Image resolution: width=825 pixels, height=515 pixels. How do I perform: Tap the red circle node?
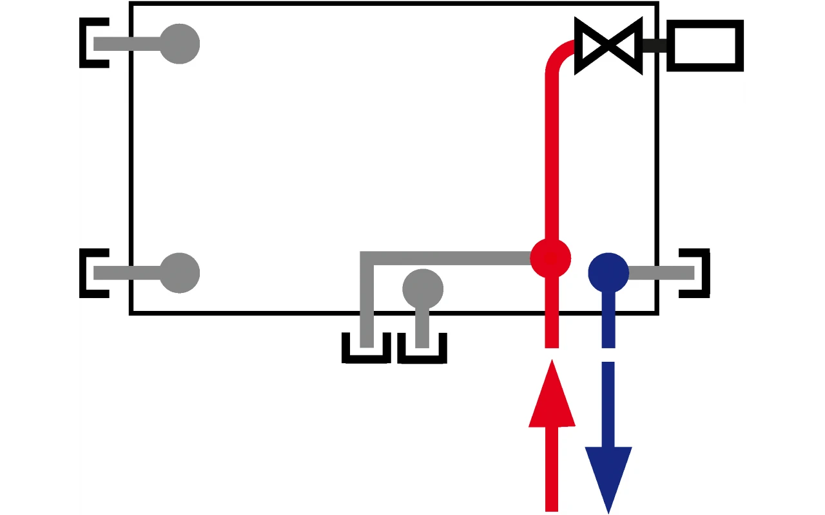pos(550,259)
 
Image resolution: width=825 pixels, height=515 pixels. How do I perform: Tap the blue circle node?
pos(608,273)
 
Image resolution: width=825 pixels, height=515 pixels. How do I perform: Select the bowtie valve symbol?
pos(608,46)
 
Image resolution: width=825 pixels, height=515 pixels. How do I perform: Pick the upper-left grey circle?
pos(179,44)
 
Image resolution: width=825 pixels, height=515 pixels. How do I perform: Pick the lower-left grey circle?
pos(179,273)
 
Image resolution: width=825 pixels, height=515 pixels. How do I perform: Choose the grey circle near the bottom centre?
pos(423,288)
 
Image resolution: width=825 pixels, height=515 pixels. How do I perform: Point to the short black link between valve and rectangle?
pos(654,46)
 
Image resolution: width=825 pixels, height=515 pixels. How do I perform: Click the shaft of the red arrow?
pos(551,470)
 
